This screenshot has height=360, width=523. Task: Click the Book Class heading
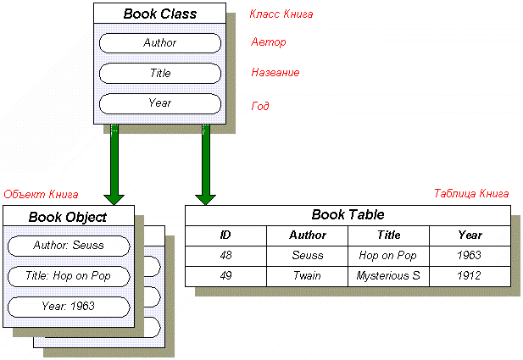point(159,14)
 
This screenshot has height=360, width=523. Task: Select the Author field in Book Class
point(160,43)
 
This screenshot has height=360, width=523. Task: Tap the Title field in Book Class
point(160,73)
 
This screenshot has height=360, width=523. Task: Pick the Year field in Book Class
point(160,103)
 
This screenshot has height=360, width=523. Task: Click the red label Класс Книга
point(281,14)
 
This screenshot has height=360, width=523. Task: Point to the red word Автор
point(269,42)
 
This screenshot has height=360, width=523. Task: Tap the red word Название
point(275,72)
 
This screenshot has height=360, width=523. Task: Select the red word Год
point(260,106)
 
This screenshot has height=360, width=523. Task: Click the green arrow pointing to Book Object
point(114,164)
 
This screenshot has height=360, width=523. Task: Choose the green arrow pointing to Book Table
point(205,164)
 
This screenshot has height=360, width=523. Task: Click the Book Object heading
point(68,217)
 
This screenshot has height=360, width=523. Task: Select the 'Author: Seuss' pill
point(69,246)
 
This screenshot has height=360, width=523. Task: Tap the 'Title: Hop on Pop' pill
point(69,276)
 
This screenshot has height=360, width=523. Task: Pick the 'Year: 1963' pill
point(69,307)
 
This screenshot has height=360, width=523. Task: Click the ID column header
point(225,235)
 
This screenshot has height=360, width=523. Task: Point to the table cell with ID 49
point(225,276)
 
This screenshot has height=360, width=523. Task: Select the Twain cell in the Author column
point(307,276)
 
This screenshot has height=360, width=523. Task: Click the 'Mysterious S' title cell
point(388,276)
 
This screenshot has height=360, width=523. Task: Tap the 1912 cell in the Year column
point(470,276)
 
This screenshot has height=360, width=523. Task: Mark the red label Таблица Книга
point(471,193)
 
